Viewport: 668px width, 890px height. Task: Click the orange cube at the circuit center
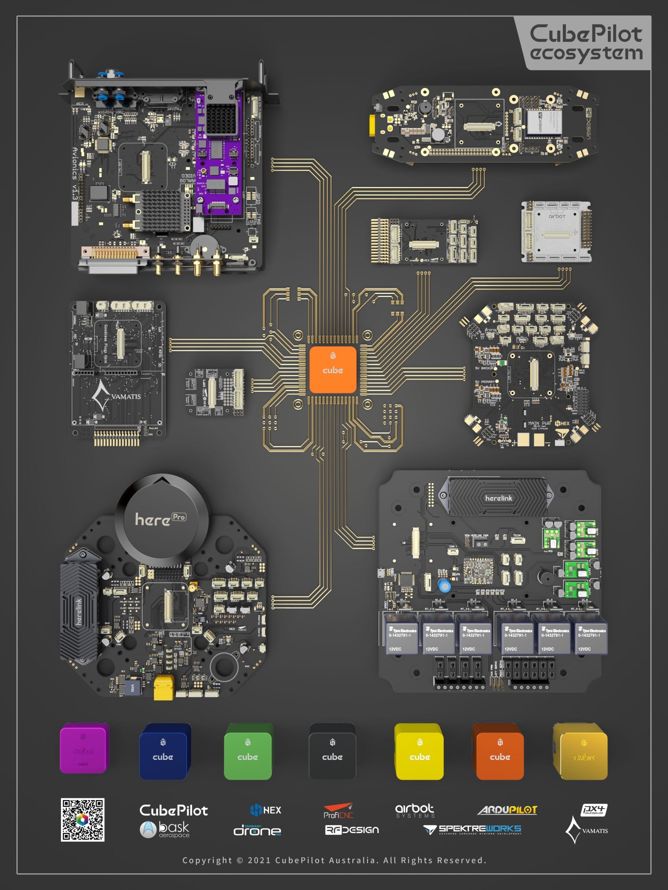click(x=333, y=369)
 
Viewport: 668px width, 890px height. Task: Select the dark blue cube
click(x=164, y=752)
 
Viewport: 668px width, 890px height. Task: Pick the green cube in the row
click(x=248, y=752)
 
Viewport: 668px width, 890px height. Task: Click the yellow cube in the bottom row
click(x=419, y=752)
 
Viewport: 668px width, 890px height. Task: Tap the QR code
click(x=82, y=819)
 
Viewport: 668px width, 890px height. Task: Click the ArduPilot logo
click(x=507, y=810)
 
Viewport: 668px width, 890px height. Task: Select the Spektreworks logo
click(x=472, y=830)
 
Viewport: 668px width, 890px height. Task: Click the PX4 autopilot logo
click(x=594, y=810)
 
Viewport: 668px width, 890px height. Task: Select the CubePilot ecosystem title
click(x=586, y=43)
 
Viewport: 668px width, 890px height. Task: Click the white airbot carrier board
click(x=556, y=232)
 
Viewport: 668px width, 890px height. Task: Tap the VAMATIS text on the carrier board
click(x=126, y=397)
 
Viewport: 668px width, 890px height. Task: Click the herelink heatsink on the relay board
click(x=498, y=498)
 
